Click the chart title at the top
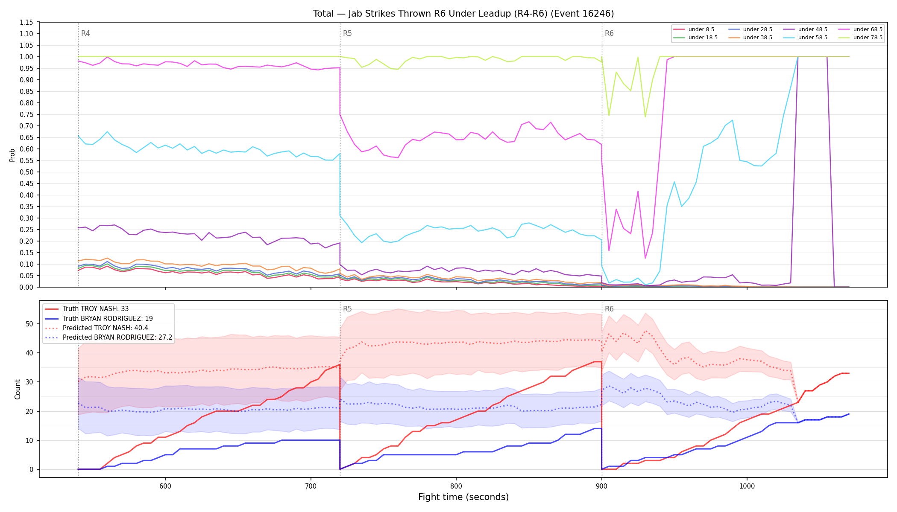click(x=463, y=14)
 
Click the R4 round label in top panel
click(x=85, y=33)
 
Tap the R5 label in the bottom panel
click(x=347, y=309)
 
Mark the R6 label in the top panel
click(x=609, y=33)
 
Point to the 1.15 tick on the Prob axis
click(x=26, y=22)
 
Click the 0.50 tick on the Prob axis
click(x=26, y=172)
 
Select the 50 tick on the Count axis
click(x=29, y=324)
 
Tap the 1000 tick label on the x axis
click(x=747, y=486)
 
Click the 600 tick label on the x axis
click(x=165, y=486)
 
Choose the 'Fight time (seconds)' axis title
click(x=463, y=497)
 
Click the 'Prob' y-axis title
click(x=12, y=155)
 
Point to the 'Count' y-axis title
click(x=18, y=389)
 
